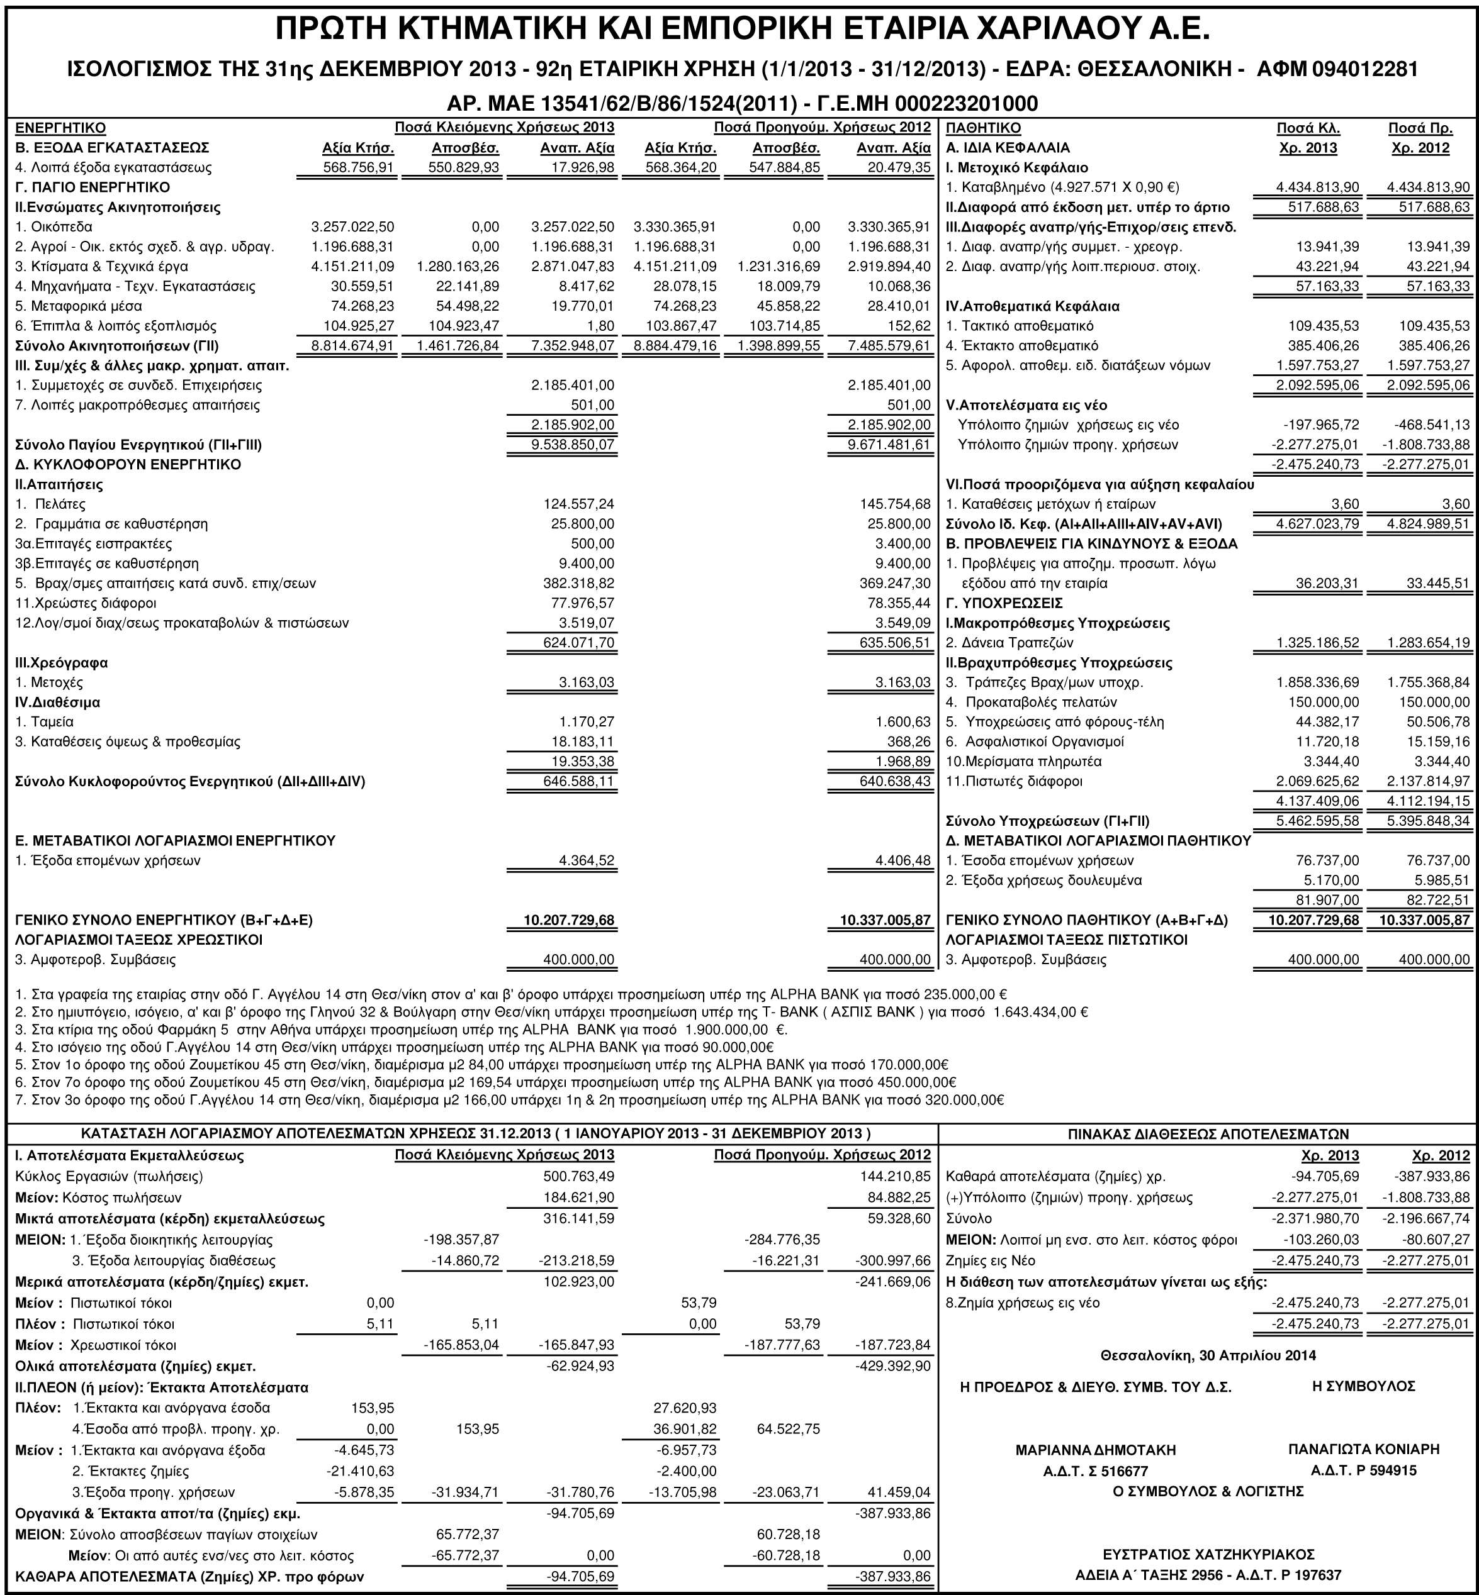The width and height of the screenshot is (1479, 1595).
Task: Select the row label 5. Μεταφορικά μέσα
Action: point(79,306)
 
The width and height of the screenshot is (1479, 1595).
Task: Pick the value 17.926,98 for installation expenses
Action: point(577,167)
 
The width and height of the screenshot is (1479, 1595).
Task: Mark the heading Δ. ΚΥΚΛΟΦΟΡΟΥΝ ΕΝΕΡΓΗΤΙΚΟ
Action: point(128,464)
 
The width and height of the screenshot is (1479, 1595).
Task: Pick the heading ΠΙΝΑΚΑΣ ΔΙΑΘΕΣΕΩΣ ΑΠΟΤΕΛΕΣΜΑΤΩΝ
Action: point(1208,1133)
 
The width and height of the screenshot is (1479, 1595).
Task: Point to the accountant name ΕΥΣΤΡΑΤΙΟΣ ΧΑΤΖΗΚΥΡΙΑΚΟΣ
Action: point(1208,1554)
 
